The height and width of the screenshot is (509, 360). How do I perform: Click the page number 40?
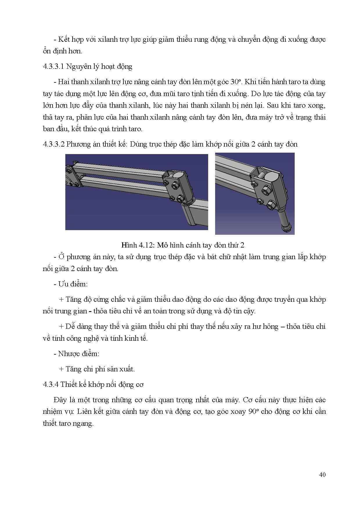coord(322,474)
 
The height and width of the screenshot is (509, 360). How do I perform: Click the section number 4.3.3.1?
coord(53,66)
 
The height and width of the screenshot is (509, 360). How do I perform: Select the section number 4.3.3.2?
coord(53,144)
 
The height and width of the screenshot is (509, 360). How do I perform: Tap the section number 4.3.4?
coord(51,385)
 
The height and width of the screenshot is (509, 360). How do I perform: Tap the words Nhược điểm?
coord(78,354)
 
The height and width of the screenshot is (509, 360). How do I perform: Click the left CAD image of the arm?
coord(136,192)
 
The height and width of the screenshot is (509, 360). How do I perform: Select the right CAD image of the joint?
coord(255,193)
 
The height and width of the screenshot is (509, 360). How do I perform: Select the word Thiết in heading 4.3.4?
coord(68,385)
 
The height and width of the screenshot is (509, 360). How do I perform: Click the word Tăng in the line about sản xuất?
coord(73,369)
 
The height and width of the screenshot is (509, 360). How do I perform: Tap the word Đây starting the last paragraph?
coord(60,400)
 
